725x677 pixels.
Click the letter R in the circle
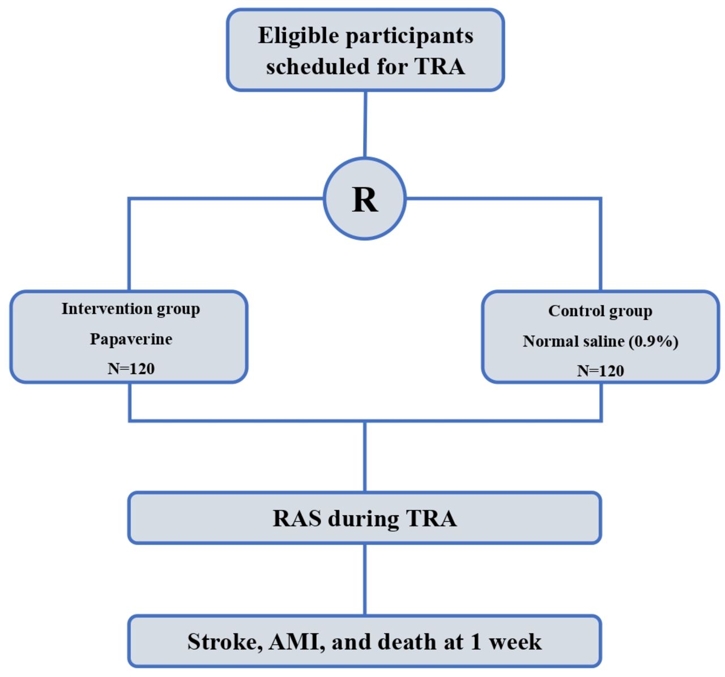(365, 199)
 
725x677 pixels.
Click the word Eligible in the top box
(298, 36)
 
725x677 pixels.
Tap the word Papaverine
(131, 340)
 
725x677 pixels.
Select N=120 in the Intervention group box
(131, 369)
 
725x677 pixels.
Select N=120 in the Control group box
(600, 371)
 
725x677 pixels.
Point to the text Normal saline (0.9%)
(600, 341)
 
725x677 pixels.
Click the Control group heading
(600, 311)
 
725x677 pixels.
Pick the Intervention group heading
(131, 309)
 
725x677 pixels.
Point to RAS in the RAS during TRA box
(297, 519)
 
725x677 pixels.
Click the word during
(363, 519)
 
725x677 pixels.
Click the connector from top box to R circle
(365, 124)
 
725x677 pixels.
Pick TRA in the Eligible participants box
(440, 67)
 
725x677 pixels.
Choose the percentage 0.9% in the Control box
(654, 341)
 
